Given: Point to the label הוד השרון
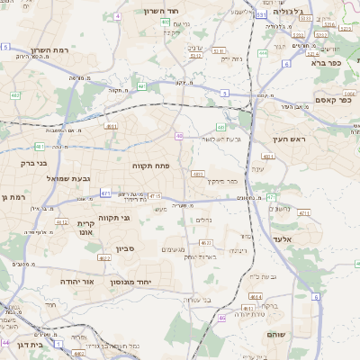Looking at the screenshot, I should click(x=162, y=12).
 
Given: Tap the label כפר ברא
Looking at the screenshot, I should click(x=327, y=63).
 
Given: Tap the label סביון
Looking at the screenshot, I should click(x=124, y=248).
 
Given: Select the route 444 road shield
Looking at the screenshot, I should click(x=263, y=53).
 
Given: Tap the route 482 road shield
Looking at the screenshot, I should click(x=15, y=95).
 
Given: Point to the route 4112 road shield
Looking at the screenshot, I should click(x=61, y=221).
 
